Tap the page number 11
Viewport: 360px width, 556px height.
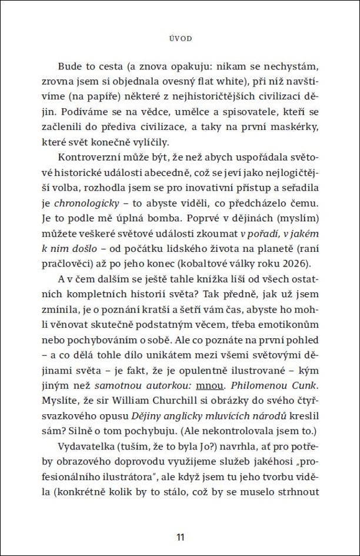(x=180, y=536)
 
